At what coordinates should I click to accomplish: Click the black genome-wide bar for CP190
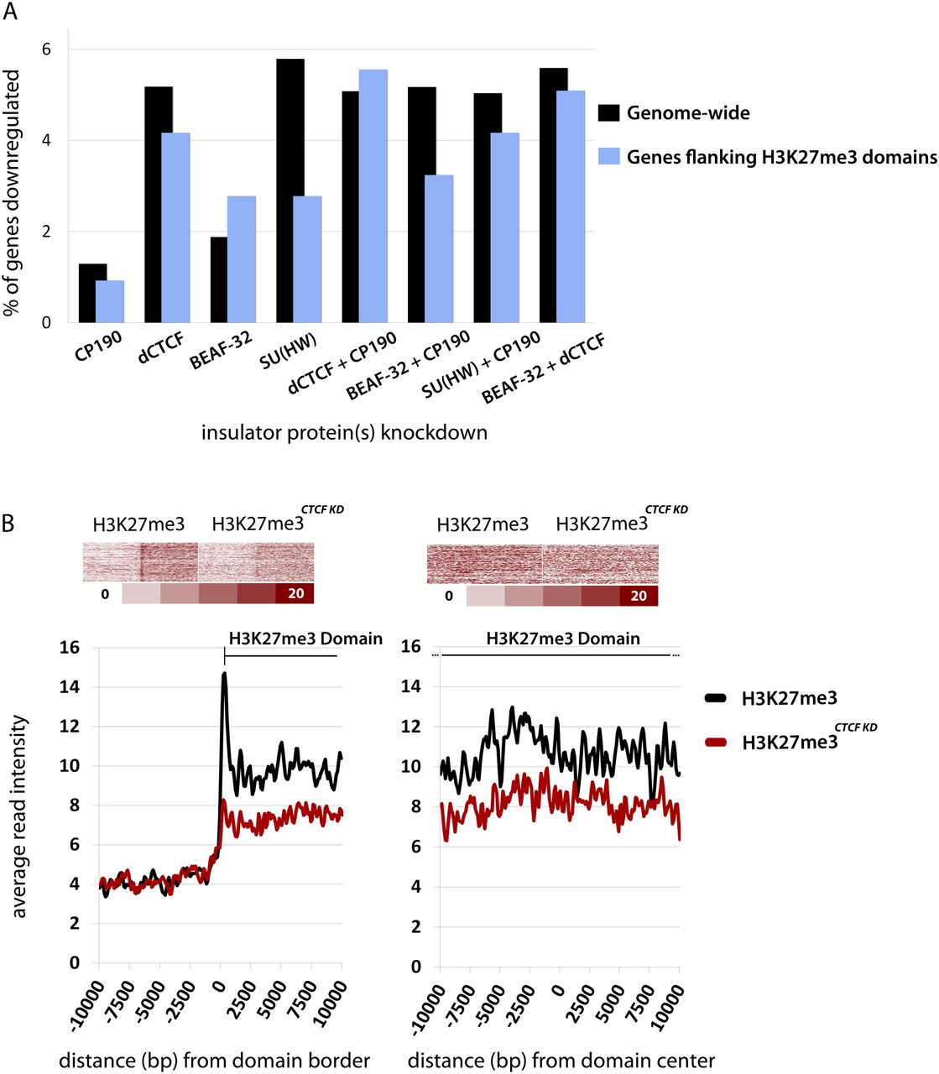click(x=92, y=294)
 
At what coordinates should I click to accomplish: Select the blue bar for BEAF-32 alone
click(x=242, y=260)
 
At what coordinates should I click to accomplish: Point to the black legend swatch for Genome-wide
click(x=608, y=112)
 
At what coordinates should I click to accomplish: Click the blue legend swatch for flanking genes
click(x=608, y=156)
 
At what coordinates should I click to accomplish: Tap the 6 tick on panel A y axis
click(x=46, y=50)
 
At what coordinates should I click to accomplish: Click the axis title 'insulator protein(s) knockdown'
click(x=344, y=433)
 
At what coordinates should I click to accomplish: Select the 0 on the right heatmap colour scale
click(x=449, y=597)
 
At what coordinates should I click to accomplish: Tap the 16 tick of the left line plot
click(x=69, y=647)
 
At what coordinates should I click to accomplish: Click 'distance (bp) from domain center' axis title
click(x=561, y=1060)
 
